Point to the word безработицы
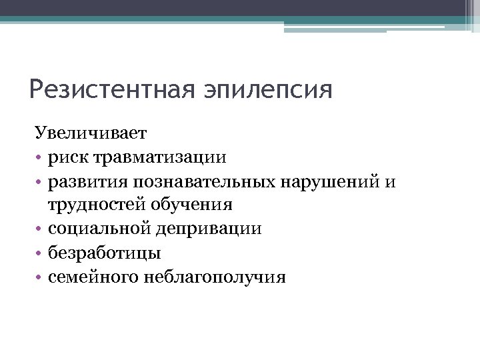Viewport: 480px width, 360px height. coord(104,253)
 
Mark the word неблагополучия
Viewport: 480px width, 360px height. coord(214,277)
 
